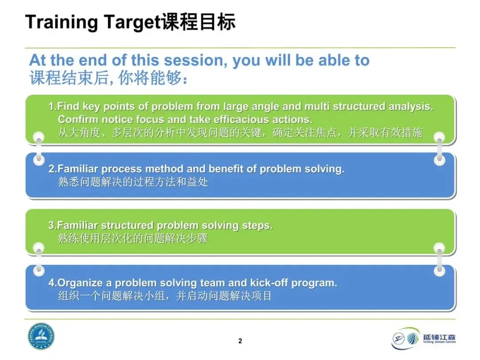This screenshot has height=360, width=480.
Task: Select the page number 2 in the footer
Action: (x=240, y=341)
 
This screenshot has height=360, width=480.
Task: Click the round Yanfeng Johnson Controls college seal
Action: (x=41, y=336)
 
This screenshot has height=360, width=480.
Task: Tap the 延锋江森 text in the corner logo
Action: (x=439, y=337)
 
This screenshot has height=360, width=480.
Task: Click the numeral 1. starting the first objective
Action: (x=52, y=106)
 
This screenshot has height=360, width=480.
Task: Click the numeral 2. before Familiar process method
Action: (x=53, y=169)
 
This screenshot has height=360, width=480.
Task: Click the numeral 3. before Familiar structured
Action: (x=52, y=225)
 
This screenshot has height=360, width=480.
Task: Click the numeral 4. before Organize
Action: (x=53, y=283)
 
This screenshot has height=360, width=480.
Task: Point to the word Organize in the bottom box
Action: (x=80, y=283)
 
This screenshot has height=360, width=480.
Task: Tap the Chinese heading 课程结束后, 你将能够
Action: (x=109, y=78)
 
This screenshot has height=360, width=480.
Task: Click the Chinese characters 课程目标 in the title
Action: (x=199, y=22)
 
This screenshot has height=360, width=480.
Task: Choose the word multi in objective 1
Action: (x=317, y=106)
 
